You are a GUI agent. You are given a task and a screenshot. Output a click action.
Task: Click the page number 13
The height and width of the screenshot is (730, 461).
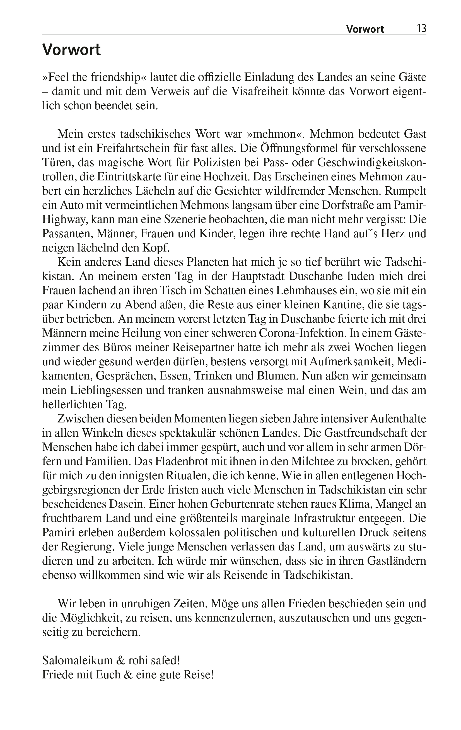click(x=422, y=28)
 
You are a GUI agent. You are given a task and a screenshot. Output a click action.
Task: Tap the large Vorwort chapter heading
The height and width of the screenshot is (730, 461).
click(x=71, y=50)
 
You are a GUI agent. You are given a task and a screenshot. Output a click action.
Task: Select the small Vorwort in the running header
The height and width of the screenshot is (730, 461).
click(x=365, y=29)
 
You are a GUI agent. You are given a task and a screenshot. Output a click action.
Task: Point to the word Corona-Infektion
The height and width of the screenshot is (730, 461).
click(x=302, y=333)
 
